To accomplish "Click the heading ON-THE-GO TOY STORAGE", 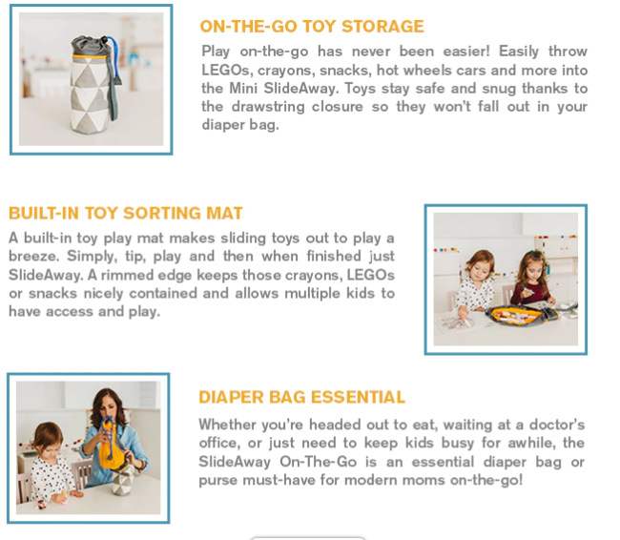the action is [x=312, y=27].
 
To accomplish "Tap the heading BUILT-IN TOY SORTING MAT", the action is [x=125, y=213].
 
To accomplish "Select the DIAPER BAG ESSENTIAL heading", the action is [x=301, y=397].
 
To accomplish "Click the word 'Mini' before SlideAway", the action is [x=243, y=88].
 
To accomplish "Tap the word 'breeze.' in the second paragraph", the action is [x=34, y=257].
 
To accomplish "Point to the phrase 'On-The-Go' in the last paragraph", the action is [x=318, y=462].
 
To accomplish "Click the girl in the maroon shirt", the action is [x=531, y=278].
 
